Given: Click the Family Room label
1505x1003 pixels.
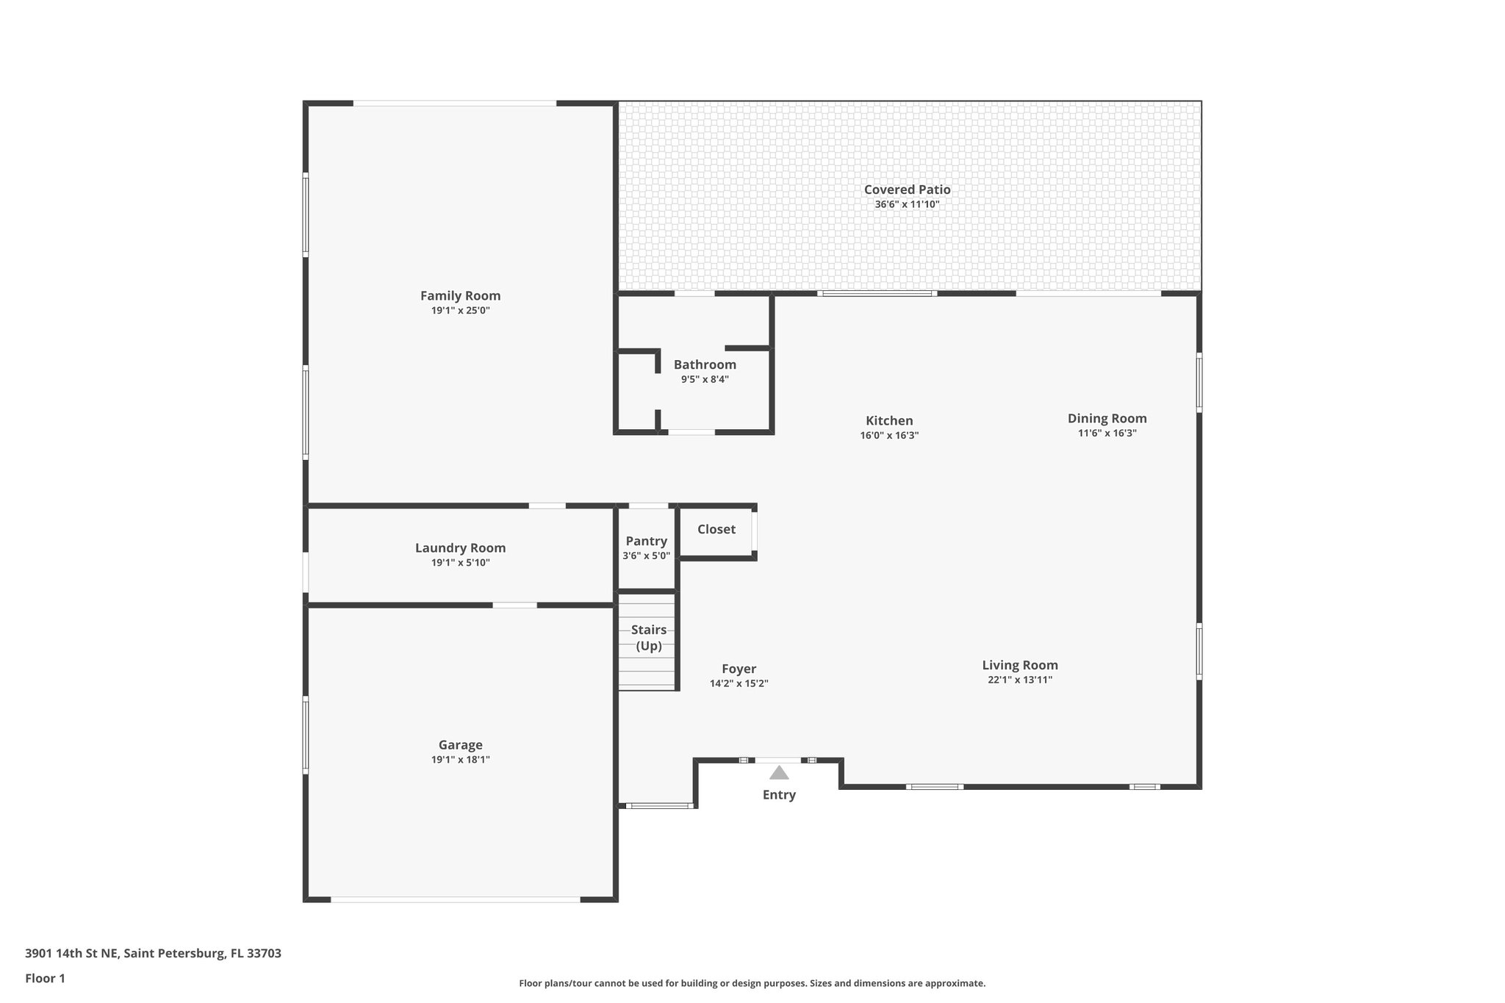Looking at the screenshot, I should click(460, 295).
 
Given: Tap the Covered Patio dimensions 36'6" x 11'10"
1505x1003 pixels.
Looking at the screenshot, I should click(907, 204).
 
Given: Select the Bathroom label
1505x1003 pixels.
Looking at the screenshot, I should click(705, 364).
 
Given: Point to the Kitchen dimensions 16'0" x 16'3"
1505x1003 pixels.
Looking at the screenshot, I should click(889, 435).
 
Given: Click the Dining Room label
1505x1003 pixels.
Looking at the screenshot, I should click(1107, 418).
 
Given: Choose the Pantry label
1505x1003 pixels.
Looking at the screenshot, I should click(646, 541).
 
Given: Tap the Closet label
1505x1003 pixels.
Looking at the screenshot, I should click(716, 529).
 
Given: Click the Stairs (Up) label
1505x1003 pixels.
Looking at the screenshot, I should click(648, 638).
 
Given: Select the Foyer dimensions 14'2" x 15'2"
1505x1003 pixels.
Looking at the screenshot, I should click(739, 683).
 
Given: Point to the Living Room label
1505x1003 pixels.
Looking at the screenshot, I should click(1020, 665).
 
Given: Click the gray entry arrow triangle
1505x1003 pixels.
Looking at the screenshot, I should click(779, 773).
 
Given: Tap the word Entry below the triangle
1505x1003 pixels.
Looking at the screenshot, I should click(779, 794).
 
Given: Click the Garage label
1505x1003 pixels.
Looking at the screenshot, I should click(460, 744).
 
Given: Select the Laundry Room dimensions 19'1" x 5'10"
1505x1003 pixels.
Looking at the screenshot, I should click(460, 563).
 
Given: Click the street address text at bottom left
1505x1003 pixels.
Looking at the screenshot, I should click(153, 953).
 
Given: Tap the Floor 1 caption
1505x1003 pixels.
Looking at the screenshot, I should click(45, 978).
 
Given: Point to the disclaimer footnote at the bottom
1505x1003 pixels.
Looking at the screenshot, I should click(752, 983).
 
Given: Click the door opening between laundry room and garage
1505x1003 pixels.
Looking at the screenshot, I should click(514, 605).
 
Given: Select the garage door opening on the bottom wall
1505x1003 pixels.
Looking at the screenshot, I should click(456, 899).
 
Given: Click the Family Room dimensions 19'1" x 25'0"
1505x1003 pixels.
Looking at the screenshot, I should click(460, 311).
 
